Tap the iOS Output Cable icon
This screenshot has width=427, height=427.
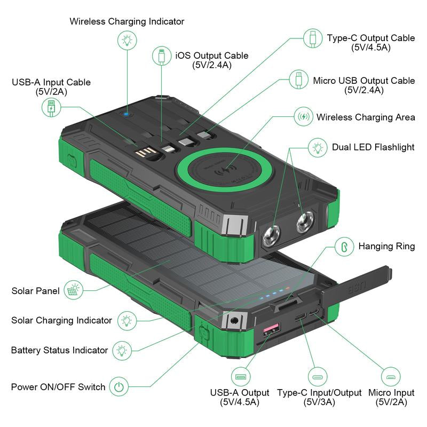click(x=162, y=56)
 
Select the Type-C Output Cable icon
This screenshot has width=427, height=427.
click(x=312, y=38)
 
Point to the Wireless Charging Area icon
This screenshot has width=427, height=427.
click(x=304, y=116)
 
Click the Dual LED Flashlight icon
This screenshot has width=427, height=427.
click(x=319, y=147)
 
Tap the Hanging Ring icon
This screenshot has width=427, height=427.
click(x=344, y=246)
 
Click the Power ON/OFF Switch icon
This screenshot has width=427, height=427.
click(x=118, y=386)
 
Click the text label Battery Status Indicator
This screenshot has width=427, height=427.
click(x=59, y=351)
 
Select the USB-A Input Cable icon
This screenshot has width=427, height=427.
click(x=51, y=107)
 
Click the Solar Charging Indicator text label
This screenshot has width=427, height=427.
click(x=61, y=320)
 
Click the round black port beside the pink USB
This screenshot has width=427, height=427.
click(x=233, y=322)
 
